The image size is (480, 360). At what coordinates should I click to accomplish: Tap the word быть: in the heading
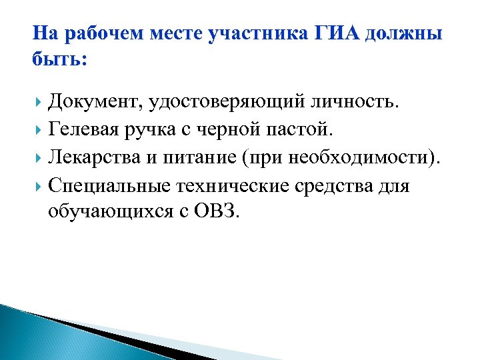pyautogui.click(x=59, y=59)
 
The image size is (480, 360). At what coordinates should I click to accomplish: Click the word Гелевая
pyautogui.click(x=85, y=131)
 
